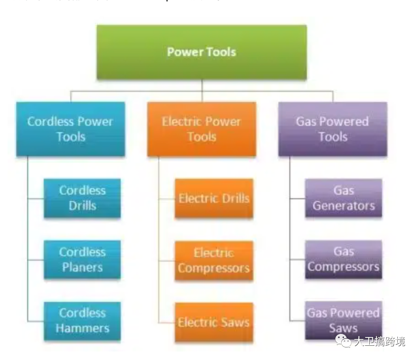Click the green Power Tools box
[202, 52]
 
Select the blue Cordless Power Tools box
[70, 129]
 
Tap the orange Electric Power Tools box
[202, 129]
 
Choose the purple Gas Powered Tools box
[332, 129]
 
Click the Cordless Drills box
[82, 198]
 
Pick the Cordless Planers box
[82, 260]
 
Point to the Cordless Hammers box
[82, 321]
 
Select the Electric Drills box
[214, 198]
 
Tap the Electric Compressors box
[214, 260]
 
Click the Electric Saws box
[214, 322]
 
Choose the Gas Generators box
[344, 198]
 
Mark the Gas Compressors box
[344, 259]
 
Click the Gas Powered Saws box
[344, 320]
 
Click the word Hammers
[82, 328]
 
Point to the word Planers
[82, 267]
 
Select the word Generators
[344, 206]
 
